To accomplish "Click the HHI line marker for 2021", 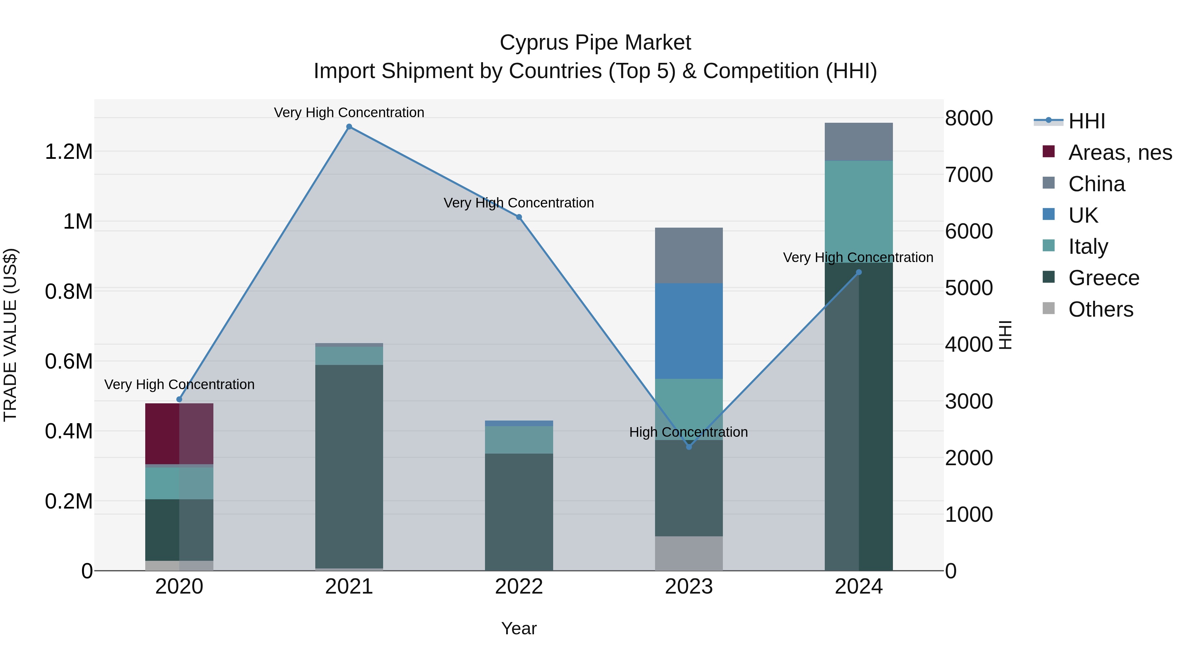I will coord(349,127).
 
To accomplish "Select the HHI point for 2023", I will coord(689,447).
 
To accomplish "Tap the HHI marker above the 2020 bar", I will coord(179,399).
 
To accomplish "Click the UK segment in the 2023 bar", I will coord(689,331).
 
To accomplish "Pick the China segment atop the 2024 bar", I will coord(859,142).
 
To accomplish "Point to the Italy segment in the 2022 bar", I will coord(519,440).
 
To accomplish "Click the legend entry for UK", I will coord(1083,215).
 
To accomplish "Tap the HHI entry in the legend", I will coord(1086,121).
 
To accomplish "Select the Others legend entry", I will coord(1100,309).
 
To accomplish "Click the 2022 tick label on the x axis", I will coord(519,587).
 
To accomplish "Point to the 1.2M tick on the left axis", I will coord(69,152).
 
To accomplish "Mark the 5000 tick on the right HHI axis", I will coord(969,288).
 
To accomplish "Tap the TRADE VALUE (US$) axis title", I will coord(11,335).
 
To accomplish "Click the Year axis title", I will coord(519,628).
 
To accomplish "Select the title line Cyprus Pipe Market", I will coord(595,43).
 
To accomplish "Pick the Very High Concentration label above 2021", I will coord(349,112).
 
